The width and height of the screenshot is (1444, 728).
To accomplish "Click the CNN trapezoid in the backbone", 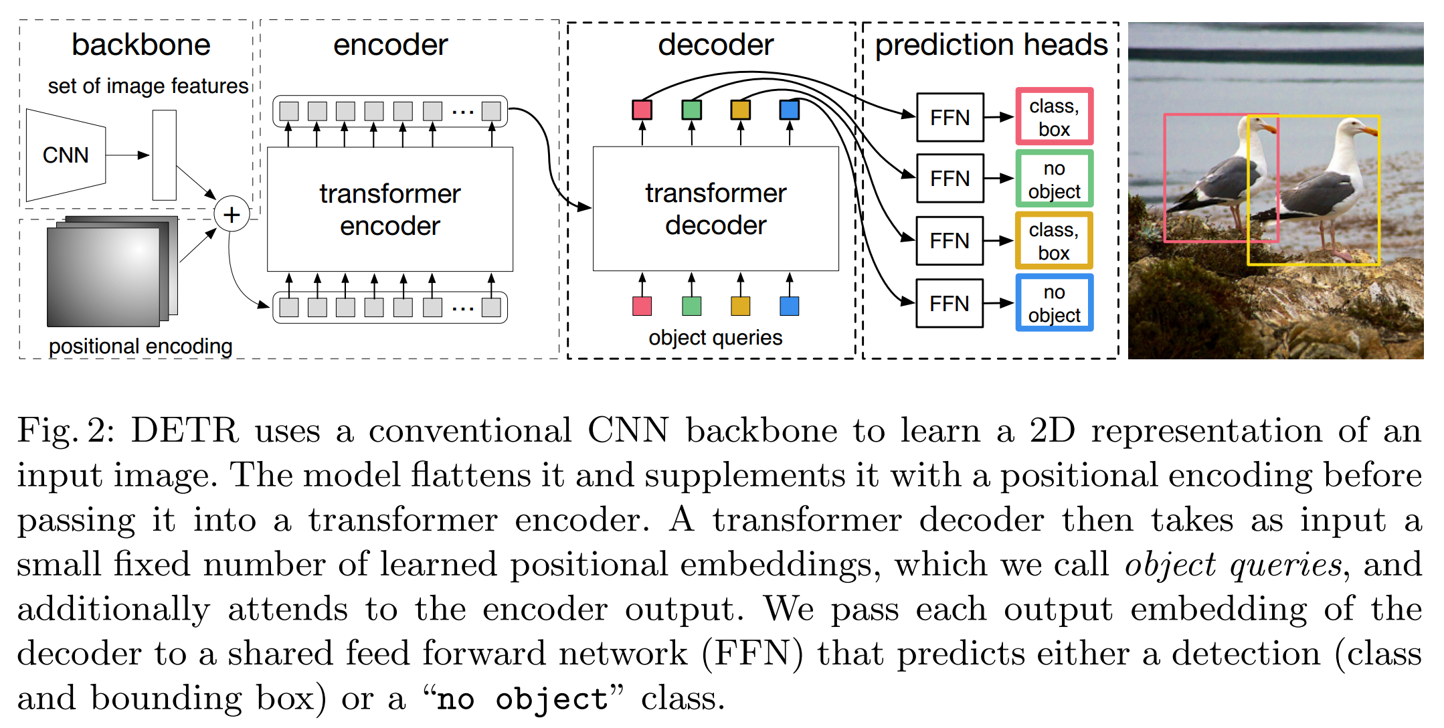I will coord(66,155).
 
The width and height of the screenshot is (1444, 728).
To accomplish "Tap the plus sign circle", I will coord(232,215).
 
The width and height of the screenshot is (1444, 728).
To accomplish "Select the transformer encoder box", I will coord(390,209).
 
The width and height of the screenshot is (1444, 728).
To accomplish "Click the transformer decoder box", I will coord(715,209).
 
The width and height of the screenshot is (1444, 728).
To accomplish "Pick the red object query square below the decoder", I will coord(642,306).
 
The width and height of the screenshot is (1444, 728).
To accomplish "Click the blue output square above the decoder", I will coord(790,110).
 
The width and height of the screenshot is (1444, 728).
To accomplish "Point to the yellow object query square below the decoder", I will coord(740,306).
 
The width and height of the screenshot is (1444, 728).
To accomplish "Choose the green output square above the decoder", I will coord(691,110).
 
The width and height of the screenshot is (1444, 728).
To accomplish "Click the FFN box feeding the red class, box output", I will coord(950,118).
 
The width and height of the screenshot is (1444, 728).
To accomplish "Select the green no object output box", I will coord(1054,179).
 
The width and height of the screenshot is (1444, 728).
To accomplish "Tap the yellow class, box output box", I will coord(1054,241).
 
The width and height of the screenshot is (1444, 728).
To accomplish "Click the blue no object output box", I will coord(1054,303).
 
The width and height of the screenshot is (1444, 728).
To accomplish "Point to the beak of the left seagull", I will coord(1269,128).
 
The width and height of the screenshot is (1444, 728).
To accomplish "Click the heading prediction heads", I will coord(991,45).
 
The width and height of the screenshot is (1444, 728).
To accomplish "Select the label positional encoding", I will coord(141,346).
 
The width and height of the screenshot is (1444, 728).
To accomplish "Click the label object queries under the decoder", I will coord(715,337).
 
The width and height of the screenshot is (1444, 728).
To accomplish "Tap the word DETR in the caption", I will coord(185,430).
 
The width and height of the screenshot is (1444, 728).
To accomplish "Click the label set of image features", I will coord(148,86).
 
